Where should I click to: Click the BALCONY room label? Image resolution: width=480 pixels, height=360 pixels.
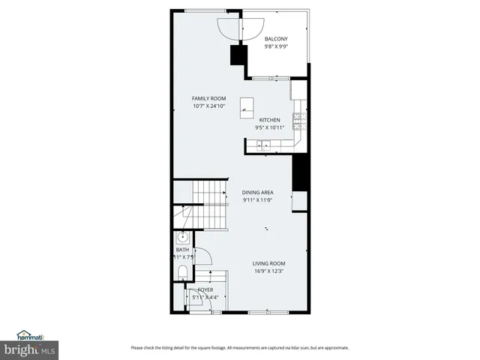point(276,39)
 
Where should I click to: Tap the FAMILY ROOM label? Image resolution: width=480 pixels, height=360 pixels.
point(208,98)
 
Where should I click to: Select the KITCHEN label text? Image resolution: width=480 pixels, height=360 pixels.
point(270,120)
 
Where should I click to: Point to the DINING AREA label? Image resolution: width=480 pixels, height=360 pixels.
point(257,193)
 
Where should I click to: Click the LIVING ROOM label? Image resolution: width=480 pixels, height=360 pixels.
point(268,263)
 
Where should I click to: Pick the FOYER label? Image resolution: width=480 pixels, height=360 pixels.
point(205,289)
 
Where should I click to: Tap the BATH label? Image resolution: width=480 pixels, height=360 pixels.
point(182,250)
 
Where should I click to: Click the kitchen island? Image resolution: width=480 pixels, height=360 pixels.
point(247,107)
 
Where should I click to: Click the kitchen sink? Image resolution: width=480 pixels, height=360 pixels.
point(265,145)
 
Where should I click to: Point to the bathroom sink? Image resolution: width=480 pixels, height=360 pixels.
point(181,238)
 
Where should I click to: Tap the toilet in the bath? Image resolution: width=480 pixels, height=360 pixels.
point(182,270)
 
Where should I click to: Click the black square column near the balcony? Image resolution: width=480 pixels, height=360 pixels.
point(239,55)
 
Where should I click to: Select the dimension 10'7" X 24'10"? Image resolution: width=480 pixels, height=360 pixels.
point(208,106)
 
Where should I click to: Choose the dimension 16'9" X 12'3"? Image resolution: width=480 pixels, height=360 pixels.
point(268,271)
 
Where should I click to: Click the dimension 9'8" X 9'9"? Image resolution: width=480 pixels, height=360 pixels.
point(276,46)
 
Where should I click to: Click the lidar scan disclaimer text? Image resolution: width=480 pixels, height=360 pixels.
point(239,347)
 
